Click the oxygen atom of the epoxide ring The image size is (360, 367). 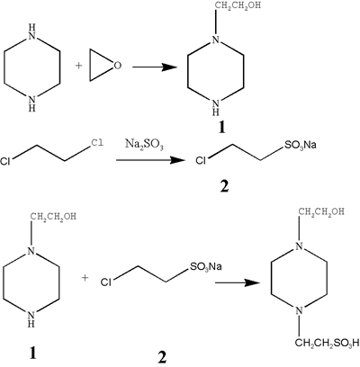coord(117,66)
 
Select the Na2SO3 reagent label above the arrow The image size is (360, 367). coord(144,146)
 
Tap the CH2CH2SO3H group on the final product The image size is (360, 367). coord(327,343)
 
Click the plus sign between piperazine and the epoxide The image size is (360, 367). coord(78,66)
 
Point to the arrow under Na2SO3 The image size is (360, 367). coord(149,160)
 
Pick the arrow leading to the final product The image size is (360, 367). coord(237,282)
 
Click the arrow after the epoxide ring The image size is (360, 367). coord(155,67)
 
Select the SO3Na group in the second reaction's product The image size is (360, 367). coord(300,145)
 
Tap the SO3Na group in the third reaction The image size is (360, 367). coord(205,266)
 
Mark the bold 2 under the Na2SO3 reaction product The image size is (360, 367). coord(224,186)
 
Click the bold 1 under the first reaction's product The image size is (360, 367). coord(221,128)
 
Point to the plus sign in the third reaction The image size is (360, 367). coord(85,278)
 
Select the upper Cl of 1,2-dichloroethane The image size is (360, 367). coord(98,142)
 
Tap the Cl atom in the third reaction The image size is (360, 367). coord(106,282)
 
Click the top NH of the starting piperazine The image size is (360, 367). coord(31,33)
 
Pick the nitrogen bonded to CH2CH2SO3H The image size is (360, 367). coord(299,310)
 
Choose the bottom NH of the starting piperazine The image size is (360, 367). coord(31,103)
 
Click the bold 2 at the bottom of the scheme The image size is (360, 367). coord(162,357)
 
